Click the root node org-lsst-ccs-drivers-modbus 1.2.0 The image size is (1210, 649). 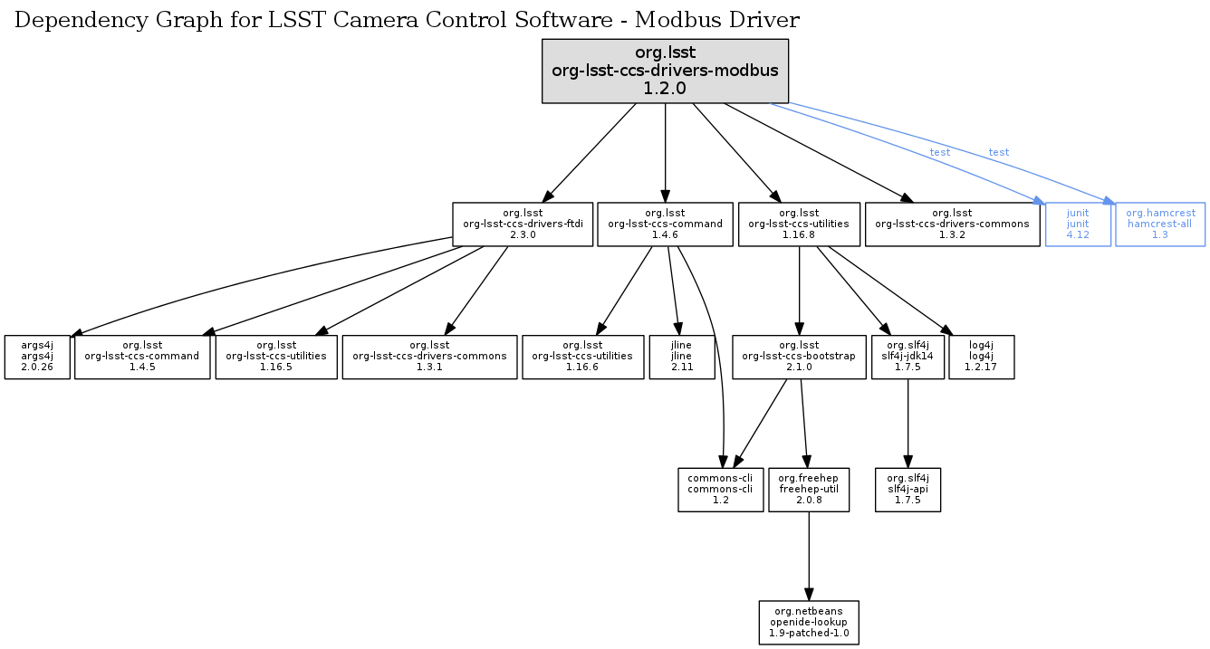(665, 71)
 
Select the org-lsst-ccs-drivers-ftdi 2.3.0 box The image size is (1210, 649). (523, 224)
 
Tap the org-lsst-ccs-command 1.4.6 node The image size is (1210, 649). (665, 224)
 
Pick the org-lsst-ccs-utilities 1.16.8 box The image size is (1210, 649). (798, 224)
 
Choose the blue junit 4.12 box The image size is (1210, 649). (1078, 224)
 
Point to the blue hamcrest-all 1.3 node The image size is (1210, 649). (1160, 224)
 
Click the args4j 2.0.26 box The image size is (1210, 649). (37, 357)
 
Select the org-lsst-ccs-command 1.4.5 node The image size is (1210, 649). (142, 357)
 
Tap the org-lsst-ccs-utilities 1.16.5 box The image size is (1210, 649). (276, 357)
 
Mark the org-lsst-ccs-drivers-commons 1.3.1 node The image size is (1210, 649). (429, 357)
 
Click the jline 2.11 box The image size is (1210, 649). (682, 357)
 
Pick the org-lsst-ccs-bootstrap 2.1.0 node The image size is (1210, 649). (798, 357)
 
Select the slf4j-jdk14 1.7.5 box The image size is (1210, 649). (907, 357)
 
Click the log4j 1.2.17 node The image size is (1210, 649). (981, 357)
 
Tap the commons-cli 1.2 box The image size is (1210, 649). (721, 489)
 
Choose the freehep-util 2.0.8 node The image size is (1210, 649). (809, 489)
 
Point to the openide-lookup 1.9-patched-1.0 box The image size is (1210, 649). (809, 622)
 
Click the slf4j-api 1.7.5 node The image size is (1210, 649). (907, 489)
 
